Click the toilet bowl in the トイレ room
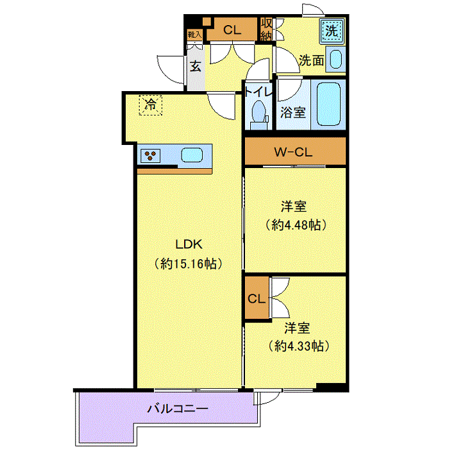(x=258, y=111)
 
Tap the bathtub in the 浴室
(x=328, y=104)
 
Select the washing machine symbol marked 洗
(x=332, y=31)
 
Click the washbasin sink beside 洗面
(x=335, y=60)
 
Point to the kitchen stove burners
(x=150, y=156)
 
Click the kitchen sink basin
(x=192, y=155)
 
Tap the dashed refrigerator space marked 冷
(x=151, y=105)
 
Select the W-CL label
(x=293, y=152)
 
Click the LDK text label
(x=189, y=244)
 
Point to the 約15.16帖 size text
(x=189, y=264)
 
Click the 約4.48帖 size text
(x=296, y=225)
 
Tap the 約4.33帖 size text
(x=299, y=346)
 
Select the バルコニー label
(x=178, y=408)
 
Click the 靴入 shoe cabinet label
(x=195, y=35)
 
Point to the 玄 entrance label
(x=196, y=66)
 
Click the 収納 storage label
(x=266, y=29)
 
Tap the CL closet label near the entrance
(x=232, y=30)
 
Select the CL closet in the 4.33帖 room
(x=257, y=299)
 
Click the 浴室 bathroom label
(x=293, y=112)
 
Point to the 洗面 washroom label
(x=312, y=60)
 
